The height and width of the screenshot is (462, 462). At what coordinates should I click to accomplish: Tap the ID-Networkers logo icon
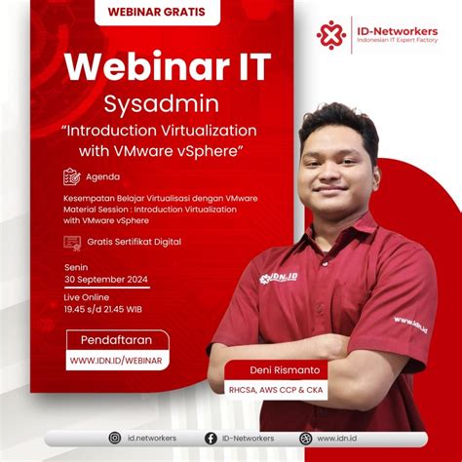[331, 35]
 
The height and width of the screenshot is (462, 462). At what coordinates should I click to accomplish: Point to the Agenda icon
[71, 177]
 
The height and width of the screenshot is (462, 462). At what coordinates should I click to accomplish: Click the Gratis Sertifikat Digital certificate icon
[71, 242]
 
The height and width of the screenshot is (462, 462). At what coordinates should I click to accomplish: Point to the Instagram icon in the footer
[114, 439]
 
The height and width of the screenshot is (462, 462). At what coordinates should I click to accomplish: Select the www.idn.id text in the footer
[333, 439]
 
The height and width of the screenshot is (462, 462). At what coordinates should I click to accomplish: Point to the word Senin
[74, 263]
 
